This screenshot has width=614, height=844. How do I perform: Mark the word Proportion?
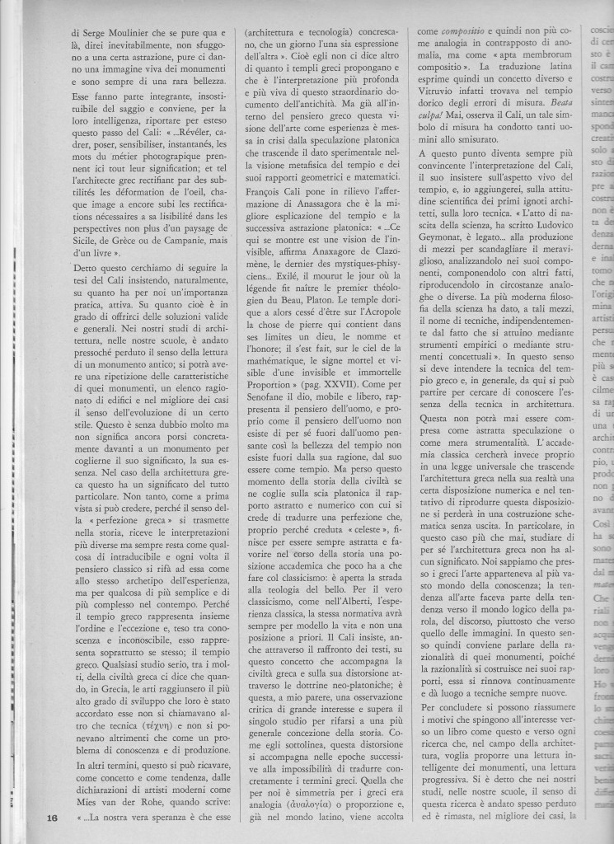coord(270,383)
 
